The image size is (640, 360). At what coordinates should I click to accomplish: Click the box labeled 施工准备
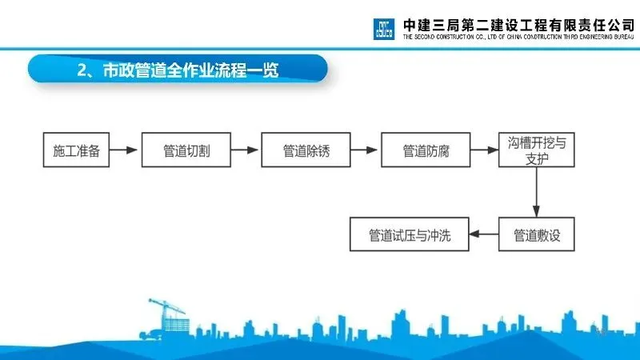pos(76,150)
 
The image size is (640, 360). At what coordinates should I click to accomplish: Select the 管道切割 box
pos(186,150)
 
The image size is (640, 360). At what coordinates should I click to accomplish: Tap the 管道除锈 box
pos(306,150)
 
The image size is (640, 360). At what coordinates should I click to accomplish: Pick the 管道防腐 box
pos(424,150)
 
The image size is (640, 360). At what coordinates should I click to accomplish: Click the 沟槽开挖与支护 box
pos(536,150)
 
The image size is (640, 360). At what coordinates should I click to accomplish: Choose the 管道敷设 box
pos(536,235)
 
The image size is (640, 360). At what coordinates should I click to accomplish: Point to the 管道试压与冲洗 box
pos(409,235)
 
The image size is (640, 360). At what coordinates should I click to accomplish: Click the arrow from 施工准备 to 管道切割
pos(125,150)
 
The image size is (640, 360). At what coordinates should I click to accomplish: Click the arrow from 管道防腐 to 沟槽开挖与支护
pos(482,150)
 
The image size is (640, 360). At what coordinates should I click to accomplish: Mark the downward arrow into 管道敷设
pos(536,192)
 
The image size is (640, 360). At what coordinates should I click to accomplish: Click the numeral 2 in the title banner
pos(82,70)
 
